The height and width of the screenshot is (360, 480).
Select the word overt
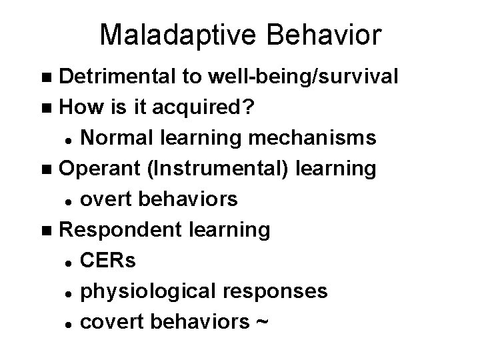(x=105, y=199)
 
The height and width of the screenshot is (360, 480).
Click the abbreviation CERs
(x=107, y=261)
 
